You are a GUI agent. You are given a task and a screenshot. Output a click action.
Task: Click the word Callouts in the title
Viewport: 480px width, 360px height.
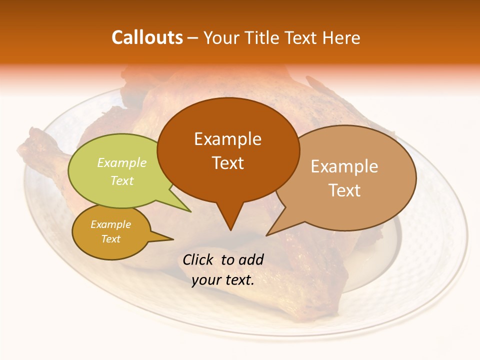tap(147, 37)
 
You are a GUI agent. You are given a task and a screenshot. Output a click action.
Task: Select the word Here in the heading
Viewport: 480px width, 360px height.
tap(341, 38)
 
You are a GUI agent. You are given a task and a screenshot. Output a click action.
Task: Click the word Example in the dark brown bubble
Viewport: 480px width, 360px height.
tap(227, 139)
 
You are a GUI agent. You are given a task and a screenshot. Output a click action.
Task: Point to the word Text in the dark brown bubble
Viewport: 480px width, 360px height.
tap(227, 163)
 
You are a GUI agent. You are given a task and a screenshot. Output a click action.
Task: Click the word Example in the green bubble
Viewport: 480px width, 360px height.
tap(122, 163)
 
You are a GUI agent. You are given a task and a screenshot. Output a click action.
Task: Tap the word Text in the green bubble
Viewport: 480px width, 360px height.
tap(122, 180)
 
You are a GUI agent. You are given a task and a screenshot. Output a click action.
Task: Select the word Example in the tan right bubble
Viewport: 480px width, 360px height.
tap(344, 166)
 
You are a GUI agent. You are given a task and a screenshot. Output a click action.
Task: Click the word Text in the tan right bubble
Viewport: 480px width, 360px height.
tap(344, 190)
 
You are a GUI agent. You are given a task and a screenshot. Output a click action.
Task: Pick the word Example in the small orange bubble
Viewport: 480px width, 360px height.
tap(110, 224)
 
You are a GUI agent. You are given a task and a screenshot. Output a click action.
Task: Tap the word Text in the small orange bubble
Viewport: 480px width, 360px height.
tap(110, 239)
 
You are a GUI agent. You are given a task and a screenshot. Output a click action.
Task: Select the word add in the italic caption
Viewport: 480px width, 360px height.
tap(251, 259)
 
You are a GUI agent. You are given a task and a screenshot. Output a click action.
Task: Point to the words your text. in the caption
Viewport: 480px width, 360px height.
tap(223, 280)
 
